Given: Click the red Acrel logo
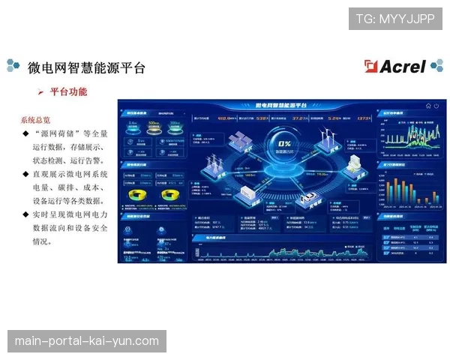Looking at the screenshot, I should [x=395, y=66].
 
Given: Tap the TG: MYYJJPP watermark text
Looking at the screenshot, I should [x=395, y=18].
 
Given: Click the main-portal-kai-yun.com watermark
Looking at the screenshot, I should [x=87, y=341].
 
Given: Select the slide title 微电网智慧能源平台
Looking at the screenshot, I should [x=86, y=67].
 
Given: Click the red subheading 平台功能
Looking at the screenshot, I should [x=68, y=92].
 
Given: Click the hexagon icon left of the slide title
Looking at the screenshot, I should [x=13, y=66].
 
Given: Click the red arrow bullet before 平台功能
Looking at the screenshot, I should [x=40, y=92].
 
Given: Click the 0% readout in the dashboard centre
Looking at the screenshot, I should [x=285, y=142].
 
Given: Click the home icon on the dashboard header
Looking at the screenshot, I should [x=427, y=106].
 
